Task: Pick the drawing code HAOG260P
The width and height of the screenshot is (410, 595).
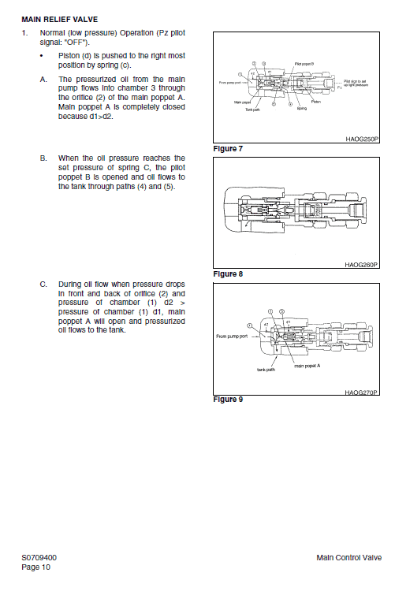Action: pyautogui.click(x=362, y=265)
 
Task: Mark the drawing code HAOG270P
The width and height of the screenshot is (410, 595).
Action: pyautogui.click(x=362, y=392)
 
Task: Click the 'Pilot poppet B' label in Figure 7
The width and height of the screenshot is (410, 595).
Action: pyautogui.click(x=304, y=63)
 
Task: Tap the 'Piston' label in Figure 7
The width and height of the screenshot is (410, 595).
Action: pyautogui.click(x=315, y=101)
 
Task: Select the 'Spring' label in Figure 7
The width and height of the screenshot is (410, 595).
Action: pyautogui.click(x=301, y=108)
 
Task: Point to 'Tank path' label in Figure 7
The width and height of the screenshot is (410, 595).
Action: pyautogui.click(x=252, y=109)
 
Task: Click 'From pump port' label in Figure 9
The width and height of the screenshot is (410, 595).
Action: pyautogui.click(x=233, y=337)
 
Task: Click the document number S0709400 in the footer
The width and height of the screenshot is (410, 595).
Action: pyautogui.click(x=39, y=558)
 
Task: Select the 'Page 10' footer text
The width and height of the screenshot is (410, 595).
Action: pyautogui.click(x=35, y=567)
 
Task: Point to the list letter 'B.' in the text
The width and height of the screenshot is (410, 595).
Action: pyautogui.click(x=43, y=158)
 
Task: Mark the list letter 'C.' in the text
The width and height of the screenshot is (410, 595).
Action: pyautogui.click(x=43, y=282)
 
